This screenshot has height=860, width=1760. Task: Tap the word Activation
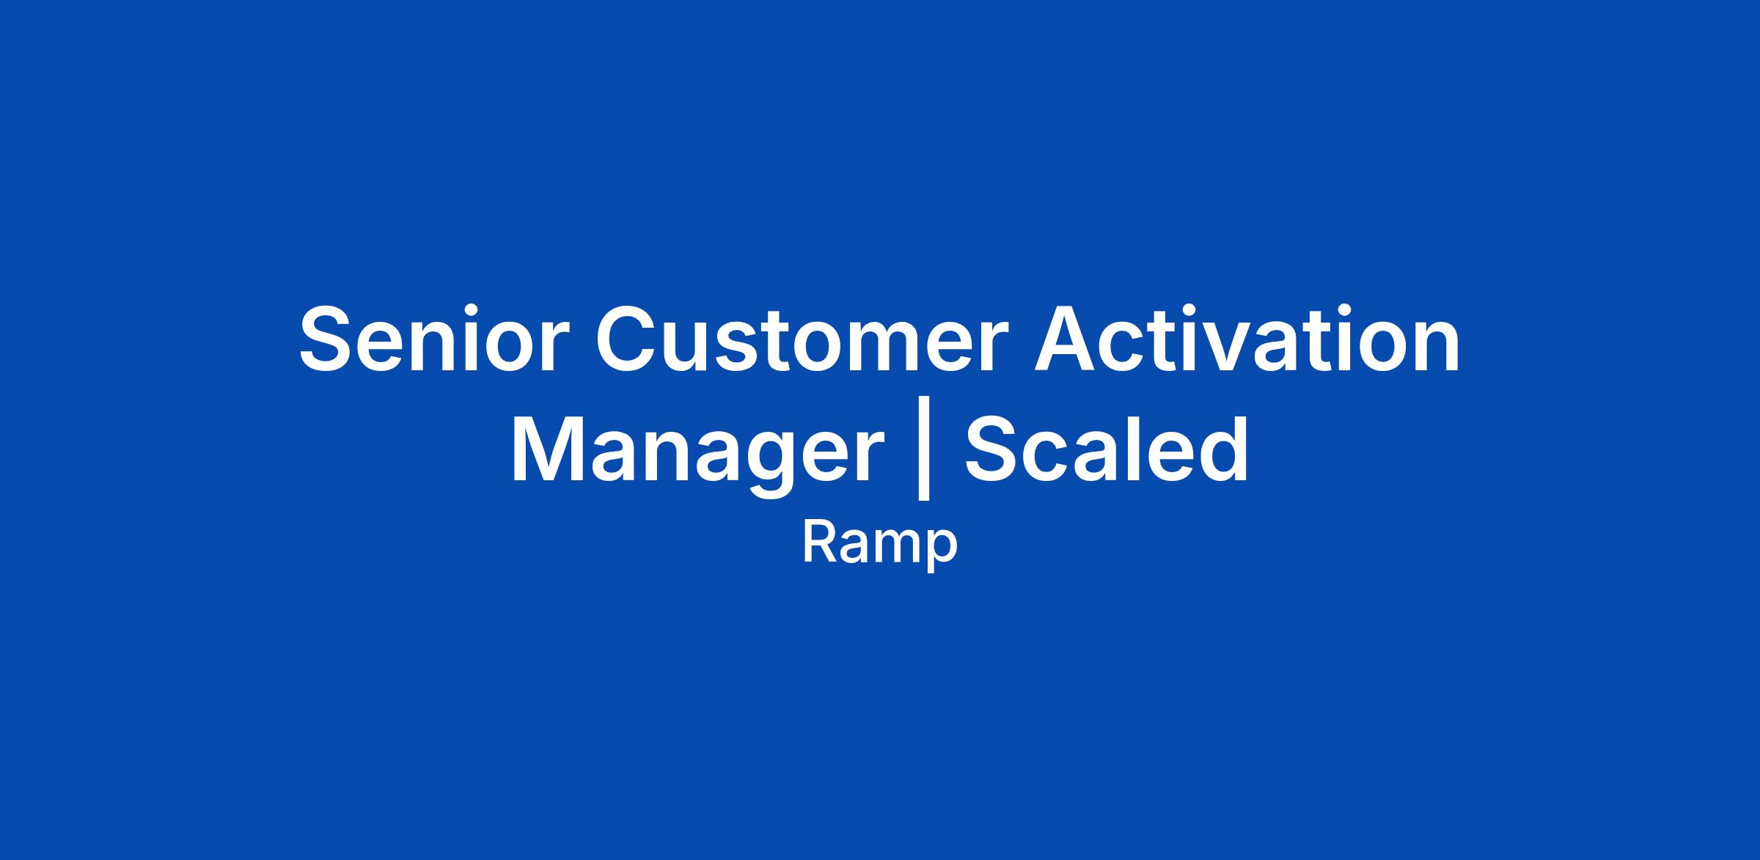point(1247,339)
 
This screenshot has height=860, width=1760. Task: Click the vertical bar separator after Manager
point(924,448)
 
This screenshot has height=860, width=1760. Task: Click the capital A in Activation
point(1068,339)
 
